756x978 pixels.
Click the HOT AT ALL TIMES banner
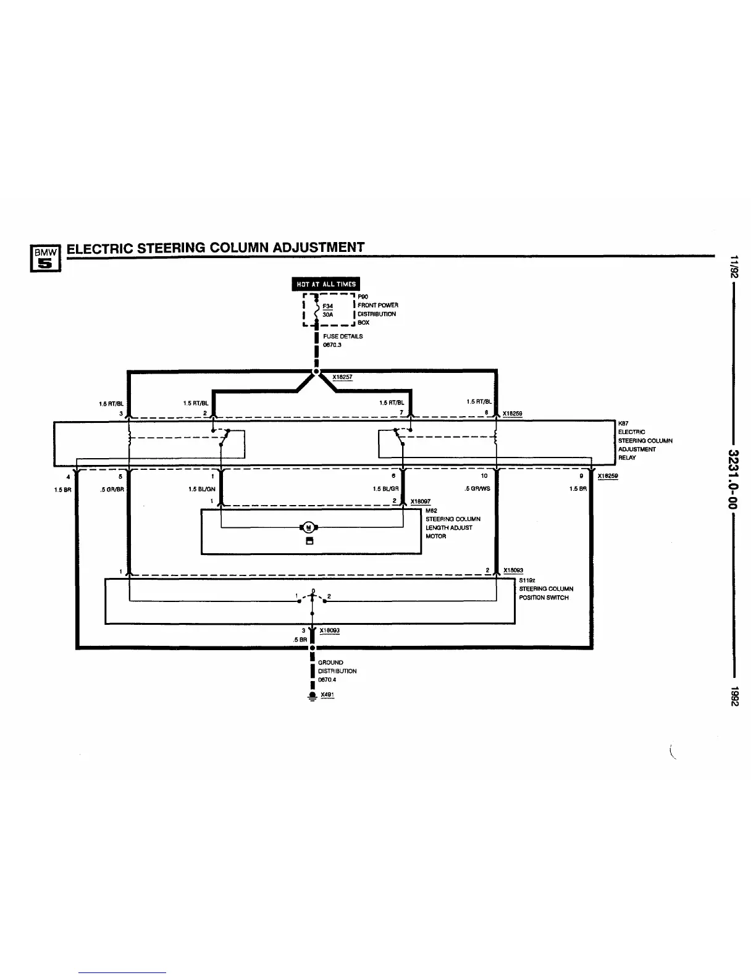[326, 284]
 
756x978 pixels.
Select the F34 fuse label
[327, 305]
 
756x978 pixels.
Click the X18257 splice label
[342, 377]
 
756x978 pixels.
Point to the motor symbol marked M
[308, 527]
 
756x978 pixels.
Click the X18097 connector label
[420, 501]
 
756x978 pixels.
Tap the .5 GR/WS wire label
[477, 488]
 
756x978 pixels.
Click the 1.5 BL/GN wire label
[201, 488]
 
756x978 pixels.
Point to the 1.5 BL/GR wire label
[385, 488]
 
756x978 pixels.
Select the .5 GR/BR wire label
[113, 488]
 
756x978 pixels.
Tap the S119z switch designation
[526, 580]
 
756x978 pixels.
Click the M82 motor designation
[431, 511]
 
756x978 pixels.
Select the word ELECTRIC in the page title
[99, 248]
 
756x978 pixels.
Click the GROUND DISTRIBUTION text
[337, 666]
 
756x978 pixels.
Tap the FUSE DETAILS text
[343, 336]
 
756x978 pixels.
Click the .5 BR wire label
[300, 640]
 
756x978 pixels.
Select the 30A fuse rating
[327, 314]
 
